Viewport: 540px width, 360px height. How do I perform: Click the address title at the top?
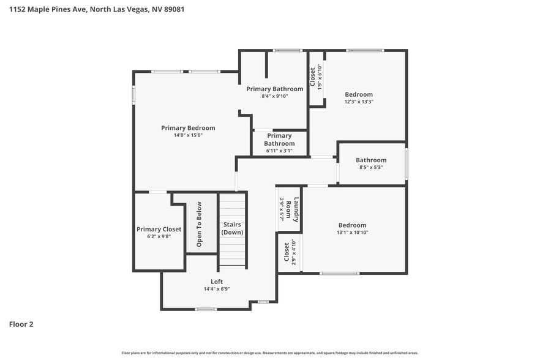92,9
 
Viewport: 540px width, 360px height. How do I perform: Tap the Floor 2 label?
21,324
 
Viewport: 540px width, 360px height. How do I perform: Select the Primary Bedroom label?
188,128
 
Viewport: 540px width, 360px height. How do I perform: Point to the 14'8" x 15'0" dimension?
188,135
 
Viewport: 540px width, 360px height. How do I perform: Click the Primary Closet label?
159,229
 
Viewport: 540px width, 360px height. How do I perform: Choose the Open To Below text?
199,224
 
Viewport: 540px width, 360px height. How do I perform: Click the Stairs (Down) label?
232,228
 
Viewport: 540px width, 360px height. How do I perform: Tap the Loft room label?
217,282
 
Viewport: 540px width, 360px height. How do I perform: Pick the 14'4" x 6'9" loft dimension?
217,289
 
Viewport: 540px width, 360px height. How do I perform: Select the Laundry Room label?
296,209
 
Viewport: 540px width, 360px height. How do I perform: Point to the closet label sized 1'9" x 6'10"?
312,77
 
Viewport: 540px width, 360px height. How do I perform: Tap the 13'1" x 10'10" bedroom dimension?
352,233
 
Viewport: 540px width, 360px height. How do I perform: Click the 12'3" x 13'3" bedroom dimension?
358,102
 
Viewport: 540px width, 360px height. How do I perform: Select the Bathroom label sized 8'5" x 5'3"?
371,160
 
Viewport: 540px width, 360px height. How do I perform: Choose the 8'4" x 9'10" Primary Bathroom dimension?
274,96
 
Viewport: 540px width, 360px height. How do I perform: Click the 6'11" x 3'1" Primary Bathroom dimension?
279,151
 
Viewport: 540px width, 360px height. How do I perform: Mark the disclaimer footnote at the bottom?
269,353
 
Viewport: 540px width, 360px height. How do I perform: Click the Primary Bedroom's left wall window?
134,95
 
